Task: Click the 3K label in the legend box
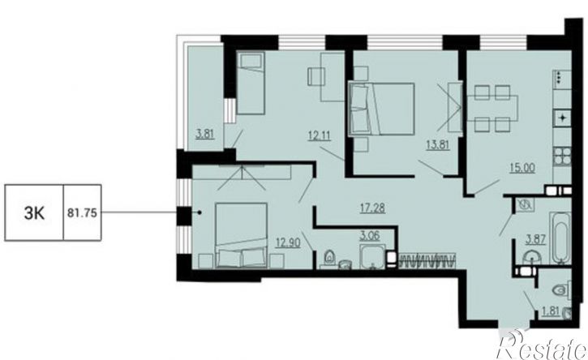click(x=35, y=213)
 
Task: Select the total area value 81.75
click(x=82, y=213)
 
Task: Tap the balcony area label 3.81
click(x=205, y=134)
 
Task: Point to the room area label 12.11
click(x=320, y=135)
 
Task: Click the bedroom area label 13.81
click(x=438, y=144)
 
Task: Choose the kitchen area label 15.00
click(x=522, y=168)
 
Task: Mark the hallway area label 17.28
click(x=372, y=208)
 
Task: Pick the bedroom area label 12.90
click(x=288, y=243)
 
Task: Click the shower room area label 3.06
click(x=370, y=236)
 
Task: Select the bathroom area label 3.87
click(x=535, y=239)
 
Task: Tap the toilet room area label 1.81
click(x=550, y=311)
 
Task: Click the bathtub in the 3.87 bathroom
click(x=560, y=238)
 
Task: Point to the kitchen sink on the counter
click(x=562, y=118)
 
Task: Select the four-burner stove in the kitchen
click(x=562, y=156)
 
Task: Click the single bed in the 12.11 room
click(x=251, y=83)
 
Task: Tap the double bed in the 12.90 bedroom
click(x=241, y=235)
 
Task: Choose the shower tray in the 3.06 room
click(x=372, y=256)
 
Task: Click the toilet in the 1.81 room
click(x=562, y=290)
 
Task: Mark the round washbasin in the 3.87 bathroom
click(x=532, y=258)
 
